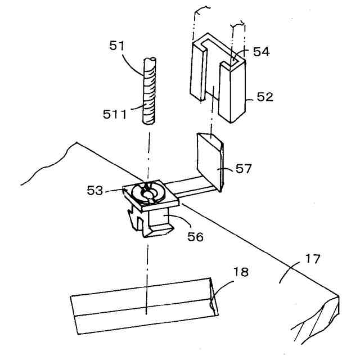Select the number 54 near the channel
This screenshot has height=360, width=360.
click(x=261, y=52)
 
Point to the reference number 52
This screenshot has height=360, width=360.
click(x=265, y=97)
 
